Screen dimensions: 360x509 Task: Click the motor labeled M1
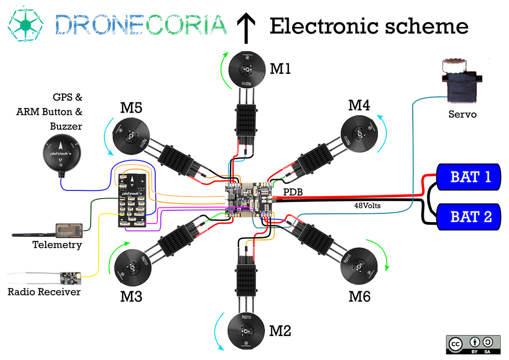[247, 69]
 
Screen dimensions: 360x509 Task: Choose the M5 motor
[132, 136]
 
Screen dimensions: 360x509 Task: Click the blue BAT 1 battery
[469, 178]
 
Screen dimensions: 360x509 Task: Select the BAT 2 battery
[469, 216]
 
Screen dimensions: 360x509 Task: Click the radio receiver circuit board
[70, 278]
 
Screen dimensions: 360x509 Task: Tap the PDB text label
[293, 193]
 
